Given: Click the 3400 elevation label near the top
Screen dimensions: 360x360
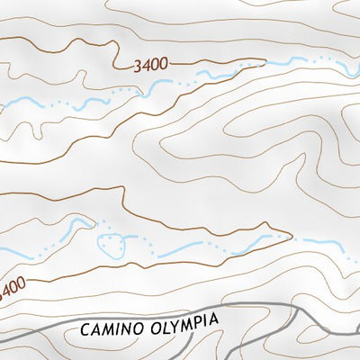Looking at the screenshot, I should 150,65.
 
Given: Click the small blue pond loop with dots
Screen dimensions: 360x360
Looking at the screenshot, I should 112,242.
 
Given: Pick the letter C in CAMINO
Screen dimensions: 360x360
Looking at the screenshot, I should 85,330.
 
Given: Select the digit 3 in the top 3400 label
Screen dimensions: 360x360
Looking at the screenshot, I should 137,66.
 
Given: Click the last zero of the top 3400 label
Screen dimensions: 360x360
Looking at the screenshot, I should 164,64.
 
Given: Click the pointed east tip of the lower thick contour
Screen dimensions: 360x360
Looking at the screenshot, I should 292,238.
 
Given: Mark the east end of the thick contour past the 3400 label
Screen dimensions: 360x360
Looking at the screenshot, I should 265,60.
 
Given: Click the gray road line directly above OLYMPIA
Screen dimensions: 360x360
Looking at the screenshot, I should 184,308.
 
